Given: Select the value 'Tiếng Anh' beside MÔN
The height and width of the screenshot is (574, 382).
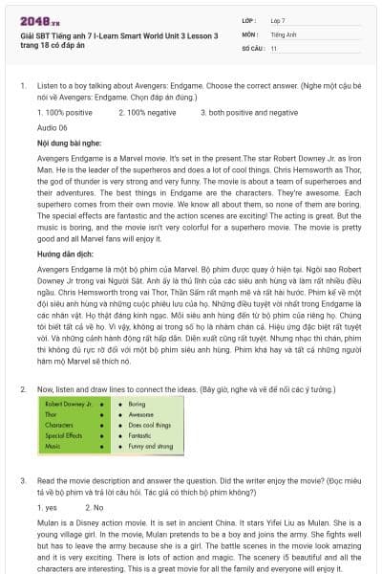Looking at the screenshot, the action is click(283, 33).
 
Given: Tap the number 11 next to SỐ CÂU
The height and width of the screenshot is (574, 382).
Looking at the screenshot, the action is click(274, 48).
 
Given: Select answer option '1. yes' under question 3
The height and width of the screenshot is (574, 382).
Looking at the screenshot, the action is click(46, 507).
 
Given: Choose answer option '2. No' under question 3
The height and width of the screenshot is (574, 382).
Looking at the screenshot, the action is click(95, 507).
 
